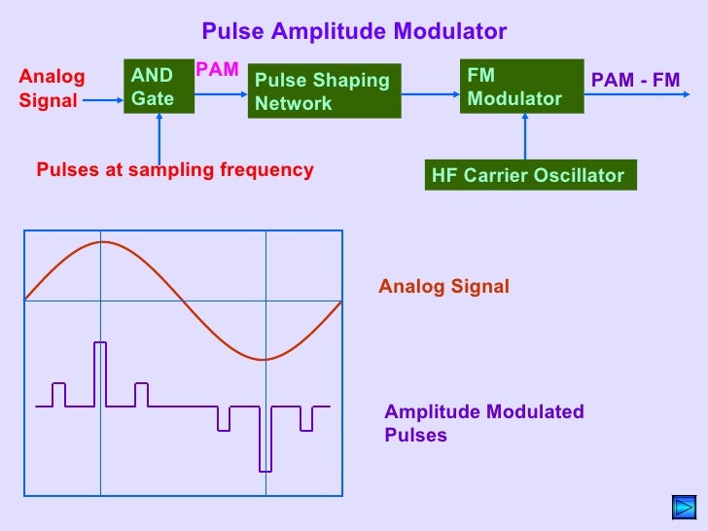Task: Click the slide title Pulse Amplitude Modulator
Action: tap(354, 31)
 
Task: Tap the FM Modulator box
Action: tap(520, 87)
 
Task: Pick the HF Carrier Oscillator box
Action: tap(531, 175)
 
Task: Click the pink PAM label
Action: tap(217, 69)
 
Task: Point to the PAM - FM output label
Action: tap(635, 80)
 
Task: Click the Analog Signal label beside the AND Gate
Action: tap(53, 88)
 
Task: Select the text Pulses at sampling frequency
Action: tap(175, 170)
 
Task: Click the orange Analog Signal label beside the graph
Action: tap(443, 286)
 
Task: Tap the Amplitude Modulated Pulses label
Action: tap(484, 422)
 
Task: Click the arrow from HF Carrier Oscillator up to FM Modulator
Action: tap(525, 136)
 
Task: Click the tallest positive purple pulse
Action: tap(99, 373)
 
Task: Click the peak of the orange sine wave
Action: tap(100, 242)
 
